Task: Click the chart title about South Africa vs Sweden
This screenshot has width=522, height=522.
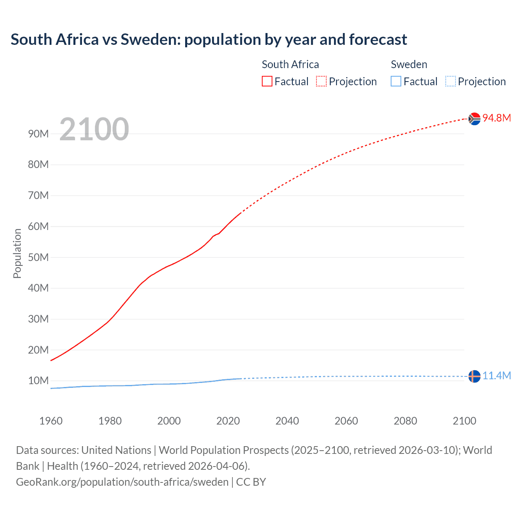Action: click(209, 40)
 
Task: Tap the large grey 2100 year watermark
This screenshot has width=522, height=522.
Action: click(94, 129)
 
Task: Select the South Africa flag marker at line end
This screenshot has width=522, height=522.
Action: click(474, 119)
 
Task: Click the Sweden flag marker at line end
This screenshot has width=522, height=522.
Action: click(474, 376)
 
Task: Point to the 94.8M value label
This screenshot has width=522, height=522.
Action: click(497, 118)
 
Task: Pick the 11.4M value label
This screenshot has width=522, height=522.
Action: click(497, 376)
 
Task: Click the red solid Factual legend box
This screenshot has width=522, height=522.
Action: click(267, 81)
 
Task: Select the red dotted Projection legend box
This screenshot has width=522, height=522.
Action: click(321, 81)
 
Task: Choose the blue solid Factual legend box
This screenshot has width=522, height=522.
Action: click(396, 81)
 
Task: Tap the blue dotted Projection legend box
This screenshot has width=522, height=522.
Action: click(451, 81)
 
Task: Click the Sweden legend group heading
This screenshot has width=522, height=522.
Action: click(409, 64)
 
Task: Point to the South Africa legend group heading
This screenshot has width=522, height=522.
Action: click(290, 64)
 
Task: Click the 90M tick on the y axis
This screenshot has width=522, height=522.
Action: click(38, 134)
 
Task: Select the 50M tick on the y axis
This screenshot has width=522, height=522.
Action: click(38, 257)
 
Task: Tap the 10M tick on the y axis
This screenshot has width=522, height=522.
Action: click(38, 380)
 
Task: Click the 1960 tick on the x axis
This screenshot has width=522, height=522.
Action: click(51, 421)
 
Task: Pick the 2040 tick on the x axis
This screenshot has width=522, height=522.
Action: click(287, 421)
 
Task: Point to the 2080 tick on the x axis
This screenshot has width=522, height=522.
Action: click(405, 421)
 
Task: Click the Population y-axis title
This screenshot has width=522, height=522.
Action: click(17, 253)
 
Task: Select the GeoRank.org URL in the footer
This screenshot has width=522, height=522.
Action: click(122, 482)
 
